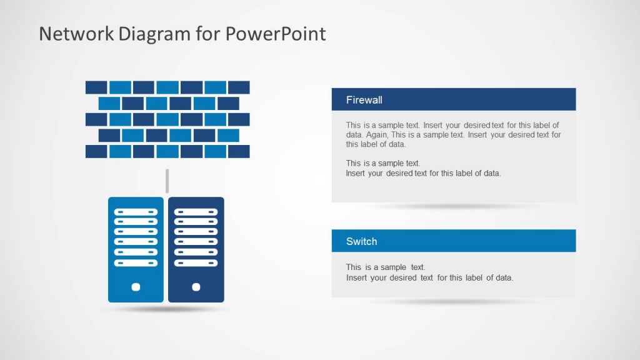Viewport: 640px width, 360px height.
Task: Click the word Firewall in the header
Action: tap(364, 100)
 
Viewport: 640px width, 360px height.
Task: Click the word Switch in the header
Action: tap(361, 241)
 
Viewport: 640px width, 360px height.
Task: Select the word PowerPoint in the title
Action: tap(276, 34)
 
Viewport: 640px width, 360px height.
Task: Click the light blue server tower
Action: tap(136, 249)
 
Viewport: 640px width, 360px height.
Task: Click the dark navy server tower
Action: tap(196, 249)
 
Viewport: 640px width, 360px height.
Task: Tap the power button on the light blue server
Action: tap(136, 287)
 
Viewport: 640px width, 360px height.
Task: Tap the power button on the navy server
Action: tap(196, 287)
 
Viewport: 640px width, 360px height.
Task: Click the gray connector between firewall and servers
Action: tap(167, 181)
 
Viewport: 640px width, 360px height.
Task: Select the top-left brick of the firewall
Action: tap(96, 87)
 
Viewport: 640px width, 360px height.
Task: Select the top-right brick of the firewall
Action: tap(239, 87)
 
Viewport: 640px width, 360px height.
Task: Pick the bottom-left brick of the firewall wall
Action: tap(96, 151)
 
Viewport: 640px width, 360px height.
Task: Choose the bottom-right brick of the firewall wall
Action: tap(239, 151)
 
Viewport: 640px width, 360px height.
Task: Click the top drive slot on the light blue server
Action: tap(136, 212)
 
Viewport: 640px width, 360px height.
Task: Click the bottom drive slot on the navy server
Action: tap(196, 263)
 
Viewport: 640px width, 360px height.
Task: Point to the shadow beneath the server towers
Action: tap(166, 309)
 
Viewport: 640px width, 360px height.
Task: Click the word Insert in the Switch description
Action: tap(356, 277)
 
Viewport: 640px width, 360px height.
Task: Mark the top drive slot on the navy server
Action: tap(196, 212)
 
